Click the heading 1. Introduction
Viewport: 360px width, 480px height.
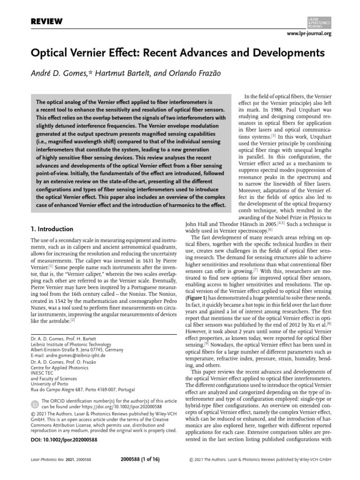[x=51, y=229]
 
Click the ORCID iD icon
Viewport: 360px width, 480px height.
[x=34, y=403]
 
